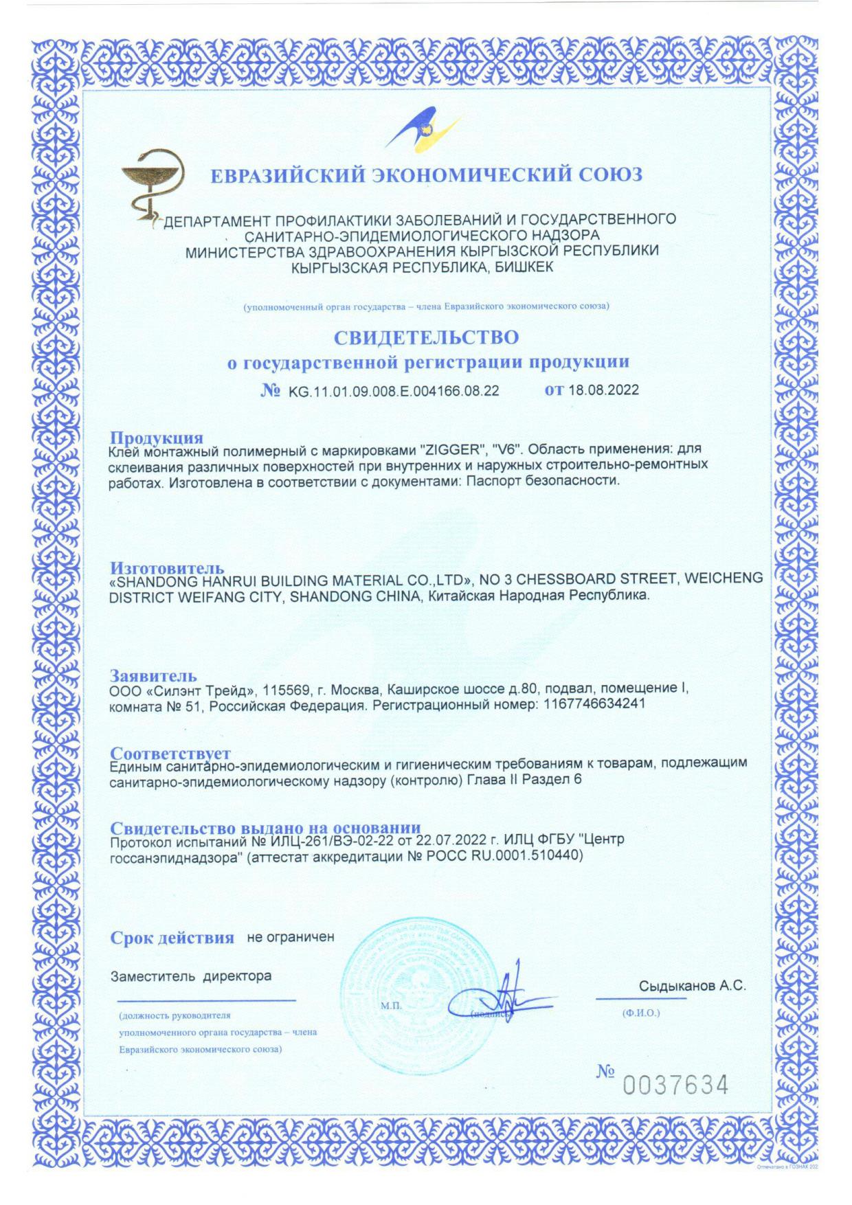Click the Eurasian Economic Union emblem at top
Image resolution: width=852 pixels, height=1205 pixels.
pyautogui.click(x=424, y=127)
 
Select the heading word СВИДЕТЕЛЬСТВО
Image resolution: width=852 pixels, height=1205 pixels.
pyautogui.click(x=426, y=337)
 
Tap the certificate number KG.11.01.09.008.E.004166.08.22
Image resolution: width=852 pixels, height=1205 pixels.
pyautogui.click(x=394, y=392)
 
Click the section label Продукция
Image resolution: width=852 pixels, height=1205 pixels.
pyautogui.click(x=157, y=438)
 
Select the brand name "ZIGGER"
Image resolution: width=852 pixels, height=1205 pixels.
pyautogui.click(x=453, y=451)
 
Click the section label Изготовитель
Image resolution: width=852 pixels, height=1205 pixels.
pyautogui.click(x=167, y=567)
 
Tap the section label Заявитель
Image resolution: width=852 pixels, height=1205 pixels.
pyautogui.click(x=153, y=675)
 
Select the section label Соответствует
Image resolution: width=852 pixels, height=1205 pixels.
pyautogui.click(x=170, y=754)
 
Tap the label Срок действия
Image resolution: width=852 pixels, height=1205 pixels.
pyautogui.click(x=172, y=938)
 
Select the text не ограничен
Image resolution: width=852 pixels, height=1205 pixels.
pyautogui.click(x=290, y=937)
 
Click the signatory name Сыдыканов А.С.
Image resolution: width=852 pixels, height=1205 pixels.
pyautogui.click(x=692, y=987)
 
